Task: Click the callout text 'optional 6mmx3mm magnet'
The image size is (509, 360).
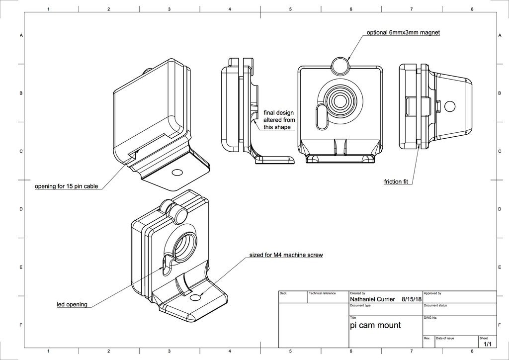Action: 403,32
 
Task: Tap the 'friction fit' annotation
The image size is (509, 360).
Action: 396,182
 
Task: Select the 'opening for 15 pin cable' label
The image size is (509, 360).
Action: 66,186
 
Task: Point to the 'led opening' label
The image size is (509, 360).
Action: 72,304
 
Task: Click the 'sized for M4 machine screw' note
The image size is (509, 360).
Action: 286,255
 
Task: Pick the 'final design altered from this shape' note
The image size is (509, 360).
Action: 279,120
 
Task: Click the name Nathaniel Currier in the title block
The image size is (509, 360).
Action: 372,299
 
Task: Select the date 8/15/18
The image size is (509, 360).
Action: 412,299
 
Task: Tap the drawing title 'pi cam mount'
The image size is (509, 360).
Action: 375,325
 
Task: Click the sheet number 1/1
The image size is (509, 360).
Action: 488,344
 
